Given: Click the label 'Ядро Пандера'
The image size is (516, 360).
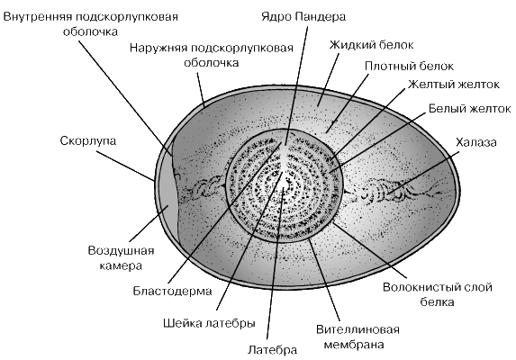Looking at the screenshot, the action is [x=303, y=16].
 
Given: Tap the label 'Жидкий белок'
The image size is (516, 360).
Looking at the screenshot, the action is [x=372, y=44].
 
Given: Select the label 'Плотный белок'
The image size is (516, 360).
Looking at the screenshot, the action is [x=409, y=66].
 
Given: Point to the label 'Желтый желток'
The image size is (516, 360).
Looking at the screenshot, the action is [x=454, y=85].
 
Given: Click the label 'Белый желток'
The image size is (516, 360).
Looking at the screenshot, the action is [x=469, y=108].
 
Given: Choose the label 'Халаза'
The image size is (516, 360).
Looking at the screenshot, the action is [x=475, y=142].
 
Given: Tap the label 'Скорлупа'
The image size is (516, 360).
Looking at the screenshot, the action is [x=88, y=141].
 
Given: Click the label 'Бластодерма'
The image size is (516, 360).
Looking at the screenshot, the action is [x=172, y=291].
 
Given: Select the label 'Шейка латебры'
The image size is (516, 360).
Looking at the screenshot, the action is [x=209, y=323].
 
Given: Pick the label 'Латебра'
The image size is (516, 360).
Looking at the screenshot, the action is [x=272, y=349].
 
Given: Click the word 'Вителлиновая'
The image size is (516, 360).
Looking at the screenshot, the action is [x=358, y=329].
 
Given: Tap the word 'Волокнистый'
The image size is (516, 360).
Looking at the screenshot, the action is [x=418, y=287].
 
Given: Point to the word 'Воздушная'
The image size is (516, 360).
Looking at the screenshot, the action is [x=121, y=251].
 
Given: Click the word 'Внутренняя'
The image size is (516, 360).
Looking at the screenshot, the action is [x=37, y=17].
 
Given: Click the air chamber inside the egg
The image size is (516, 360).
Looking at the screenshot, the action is [x=168, y=203].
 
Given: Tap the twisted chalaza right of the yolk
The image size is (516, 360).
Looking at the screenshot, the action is [x=386, y=192].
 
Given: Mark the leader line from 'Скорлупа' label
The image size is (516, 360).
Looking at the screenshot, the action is [x=125, y=166].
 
